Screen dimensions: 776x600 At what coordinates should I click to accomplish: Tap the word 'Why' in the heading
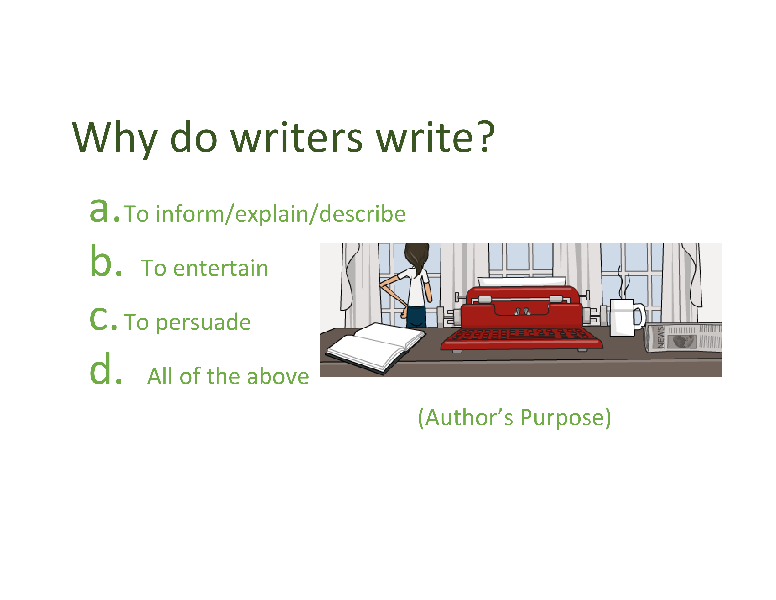[x=115, y=140]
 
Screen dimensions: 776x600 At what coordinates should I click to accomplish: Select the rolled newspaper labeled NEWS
[x=683, y=337]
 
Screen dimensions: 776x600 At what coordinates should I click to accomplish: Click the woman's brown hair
[x=417, y=257]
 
